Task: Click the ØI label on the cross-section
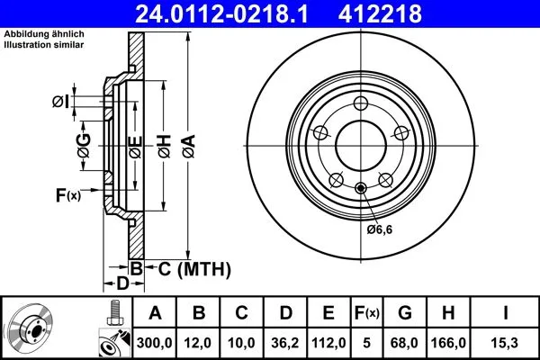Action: (59, 101)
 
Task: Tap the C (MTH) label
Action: (186, 268)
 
